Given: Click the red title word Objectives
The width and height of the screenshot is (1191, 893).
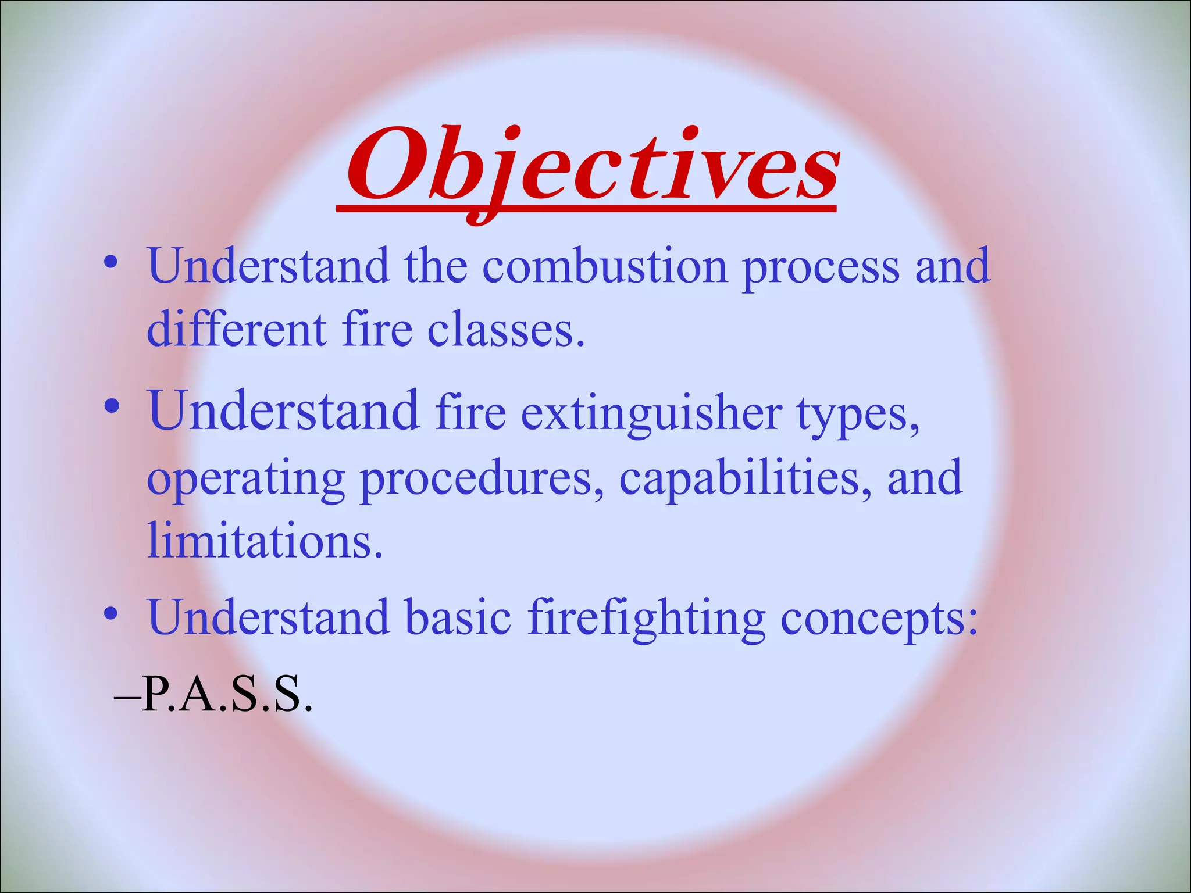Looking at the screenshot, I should click(592, 166).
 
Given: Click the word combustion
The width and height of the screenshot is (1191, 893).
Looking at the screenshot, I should click(605, 266).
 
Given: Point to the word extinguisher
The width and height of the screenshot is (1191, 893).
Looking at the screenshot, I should click(651, 414).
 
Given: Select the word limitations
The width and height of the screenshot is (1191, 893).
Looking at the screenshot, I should click(265, 541).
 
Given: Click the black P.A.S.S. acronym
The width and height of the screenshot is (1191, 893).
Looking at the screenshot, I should click(227, 695).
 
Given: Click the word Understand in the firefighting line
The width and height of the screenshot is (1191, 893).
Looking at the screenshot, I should click(268, 617).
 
